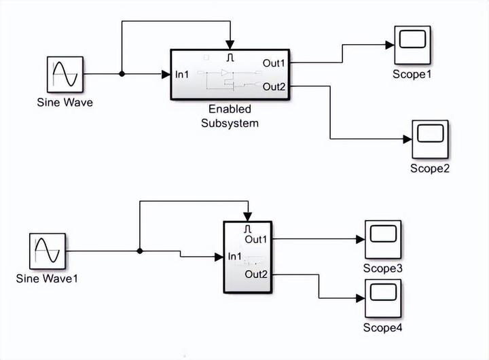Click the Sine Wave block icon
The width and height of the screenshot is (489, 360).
tap(65, 75)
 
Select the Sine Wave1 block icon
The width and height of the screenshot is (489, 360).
tap(48, 251)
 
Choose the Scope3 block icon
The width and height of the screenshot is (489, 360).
tap(383, 239)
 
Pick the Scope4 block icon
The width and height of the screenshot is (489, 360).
tap(383, 298)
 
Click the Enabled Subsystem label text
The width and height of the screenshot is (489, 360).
tap(230, 116)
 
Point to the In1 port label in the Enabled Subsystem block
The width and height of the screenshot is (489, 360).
tap(182, 74)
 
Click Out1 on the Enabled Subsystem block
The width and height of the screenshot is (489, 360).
tap(274, 62)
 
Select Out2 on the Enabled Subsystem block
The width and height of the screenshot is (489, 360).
tap(274, 86)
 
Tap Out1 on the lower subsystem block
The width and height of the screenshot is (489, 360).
tap(257, 239)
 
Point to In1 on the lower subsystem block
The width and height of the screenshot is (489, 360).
tap(235, 257)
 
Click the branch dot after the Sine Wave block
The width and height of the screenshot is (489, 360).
tap(122, 74)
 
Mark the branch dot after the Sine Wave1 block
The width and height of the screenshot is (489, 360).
tap(139, 251)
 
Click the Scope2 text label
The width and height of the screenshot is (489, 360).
tap(430, 168)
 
